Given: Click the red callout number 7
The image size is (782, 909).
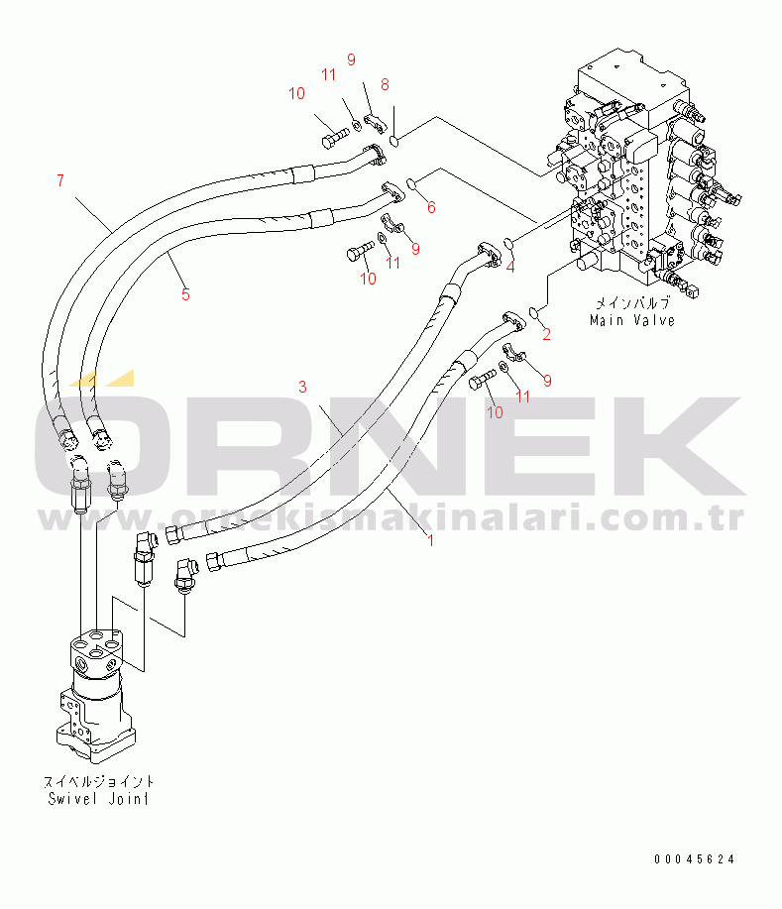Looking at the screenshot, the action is coord(60,180).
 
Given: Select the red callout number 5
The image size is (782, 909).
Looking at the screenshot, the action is coord(185,294).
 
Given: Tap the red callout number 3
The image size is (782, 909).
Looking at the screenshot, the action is coord(302,387).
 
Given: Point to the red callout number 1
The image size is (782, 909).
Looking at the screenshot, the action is coord(430,540).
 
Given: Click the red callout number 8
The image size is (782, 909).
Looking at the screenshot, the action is coord(385,84).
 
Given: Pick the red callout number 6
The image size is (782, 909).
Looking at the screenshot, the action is coord(431,207).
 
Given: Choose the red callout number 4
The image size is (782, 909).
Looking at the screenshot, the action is coord(510,268).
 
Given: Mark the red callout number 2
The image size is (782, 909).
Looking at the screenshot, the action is coord(546,334).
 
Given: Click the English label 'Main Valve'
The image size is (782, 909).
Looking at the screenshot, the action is coord(632,320).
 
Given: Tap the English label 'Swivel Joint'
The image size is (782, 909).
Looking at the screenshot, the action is coord(98,799).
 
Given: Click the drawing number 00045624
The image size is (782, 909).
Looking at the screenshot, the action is coord(695,859).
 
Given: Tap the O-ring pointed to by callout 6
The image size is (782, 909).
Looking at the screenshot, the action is coord(411,184).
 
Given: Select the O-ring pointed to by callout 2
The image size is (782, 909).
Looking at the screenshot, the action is coord(535,313).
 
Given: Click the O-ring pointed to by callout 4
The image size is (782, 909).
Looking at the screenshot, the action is coord(508,242).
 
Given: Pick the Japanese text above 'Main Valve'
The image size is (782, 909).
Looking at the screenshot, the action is coord(632,303).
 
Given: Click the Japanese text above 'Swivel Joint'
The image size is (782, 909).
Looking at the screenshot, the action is coord(98,781).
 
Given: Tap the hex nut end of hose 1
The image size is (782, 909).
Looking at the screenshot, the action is coord(214,561).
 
